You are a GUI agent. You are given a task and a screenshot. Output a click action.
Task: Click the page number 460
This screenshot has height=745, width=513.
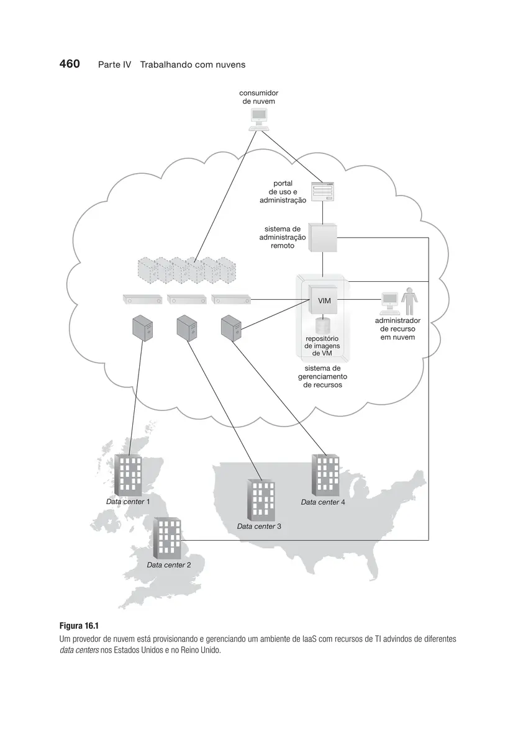coord(69,63)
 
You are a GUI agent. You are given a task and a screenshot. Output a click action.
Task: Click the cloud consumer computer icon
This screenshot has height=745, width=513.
coord(259,120)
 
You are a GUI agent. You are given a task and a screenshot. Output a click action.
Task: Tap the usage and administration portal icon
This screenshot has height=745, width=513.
coord(322,192)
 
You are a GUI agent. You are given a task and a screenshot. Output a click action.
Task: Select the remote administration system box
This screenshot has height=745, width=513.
coord(322,237)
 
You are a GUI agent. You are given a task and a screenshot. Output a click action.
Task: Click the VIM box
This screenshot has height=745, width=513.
coord(322,299)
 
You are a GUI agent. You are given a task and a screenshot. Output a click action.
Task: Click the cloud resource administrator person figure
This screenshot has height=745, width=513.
coord(409,301)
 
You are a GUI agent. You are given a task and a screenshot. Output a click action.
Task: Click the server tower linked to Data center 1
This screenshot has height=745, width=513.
coord(142,328)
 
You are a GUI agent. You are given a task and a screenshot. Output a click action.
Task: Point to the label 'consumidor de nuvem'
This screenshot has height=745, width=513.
coord(258,97)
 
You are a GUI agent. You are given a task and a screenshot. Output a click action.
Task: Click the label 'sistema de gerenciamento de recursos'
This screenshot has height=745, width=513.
coord(322,376)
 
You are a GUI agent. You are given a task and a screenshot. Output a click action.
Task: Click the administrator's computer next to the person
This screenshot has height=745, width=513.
coord(389,304)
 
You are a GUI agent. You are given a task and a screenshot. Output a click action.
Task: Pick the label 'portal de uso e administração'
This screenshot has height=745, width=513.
coord(283,192)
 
